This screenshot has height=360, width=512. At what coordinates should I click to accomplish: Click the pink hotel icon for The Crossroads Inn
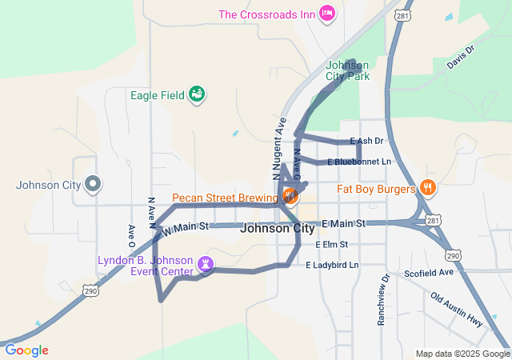(x=326, y=14)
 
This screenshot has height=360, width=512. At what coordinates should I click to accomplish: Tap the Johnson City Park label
(x=348, y=71)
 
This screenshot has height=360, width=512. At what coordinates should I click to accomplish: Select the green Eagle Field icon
(x=197, y=95)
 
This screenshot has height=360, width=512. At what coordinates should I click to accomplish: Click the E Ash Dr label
(x=367, y=141)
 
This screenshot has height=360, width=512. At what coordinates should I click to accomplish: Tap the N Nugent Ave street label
(x=279, y=148)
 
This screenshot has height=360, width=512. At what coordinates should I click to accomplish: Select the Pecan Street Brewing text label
(x=222, y=197)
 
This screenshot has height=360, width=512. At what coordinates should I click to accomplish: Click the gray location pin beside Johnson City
(x=93, y=185)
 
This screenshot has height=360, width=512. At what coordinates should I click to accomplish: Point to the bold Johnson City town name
(x=278, y=228)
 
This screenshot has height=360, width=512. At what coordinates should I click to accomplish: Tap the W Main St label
(x=185, y=229)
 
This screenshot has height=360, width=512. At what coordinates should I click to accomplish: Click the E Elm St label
(x=331, y=244)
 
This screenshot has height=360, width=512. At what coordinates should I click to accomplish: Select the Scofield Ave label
(x=429, y=272)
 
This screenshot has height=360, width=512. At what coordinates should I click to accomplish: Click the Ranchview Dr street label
(x=384, y=300)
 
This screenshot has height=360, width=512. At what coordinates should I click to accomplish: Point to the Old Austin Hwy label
(x=457, y=309)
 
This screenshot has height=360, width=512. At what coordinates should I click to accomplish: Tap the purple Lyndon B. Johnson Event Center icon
(x=206, y=262)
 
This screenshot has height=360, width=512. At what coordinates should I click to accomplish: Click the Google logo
(x=26, y=350)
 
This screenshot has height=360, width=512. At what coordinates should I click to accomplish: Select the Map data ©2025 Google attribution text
(x=462, y=354)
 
